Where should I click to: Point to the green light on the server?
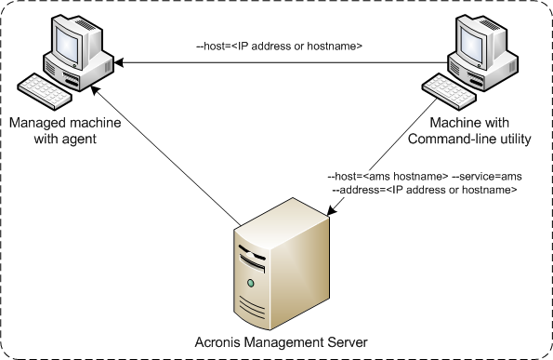click(250, 280)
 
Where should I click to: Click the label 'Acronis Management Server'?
click(278, 342)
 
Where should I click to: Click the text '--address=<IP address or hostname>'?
click(425, 190)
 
